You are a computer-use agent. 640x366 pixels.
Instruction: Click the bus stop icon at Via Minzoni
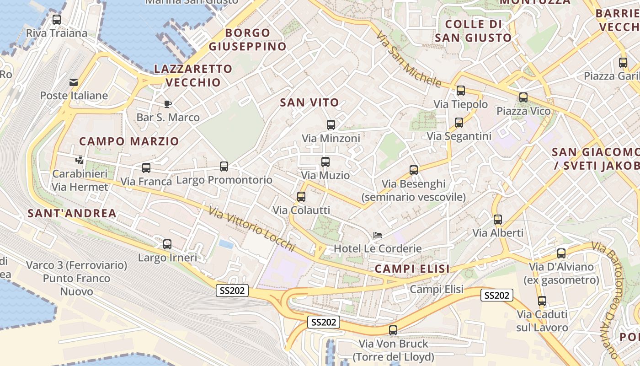click(331, 124)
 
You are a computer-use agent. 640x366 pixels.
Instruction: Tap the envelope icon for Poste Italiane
click(73, 82)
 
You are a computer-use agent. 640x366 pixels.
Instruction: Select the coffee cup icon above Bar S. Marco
click(168, 104)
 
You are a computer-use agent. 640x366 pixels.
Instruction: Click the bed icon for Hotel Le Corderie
click(378, 235)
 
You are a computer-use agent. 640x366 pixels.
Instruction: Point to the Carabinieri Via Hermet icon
click(80, 160)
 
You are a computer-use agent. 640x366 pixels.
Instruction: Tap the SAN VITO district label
click(309, 102)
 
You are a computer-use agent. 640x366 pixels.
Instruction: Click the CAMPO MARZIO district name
click(129, 141)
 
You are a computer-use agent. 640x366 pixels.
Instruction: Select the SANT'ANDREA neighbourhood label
click(72, 213)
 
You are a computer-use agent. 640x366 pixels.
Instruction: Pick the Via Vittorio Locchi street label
click(252, 230)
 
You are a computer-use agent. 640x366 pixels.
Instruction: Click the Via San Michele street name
click(408, 59)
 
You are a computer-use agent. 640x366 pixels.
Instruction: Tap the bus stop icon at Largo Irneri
click(167, 244)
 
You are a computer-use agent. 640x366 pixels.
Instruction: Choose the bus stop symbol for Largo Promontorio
click(224, 167)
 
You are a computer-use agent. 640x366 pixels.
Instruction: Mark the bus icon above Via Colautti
click(301, 197)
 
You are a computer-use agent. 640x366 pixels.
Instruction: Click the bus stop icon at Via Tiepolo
click(461, 91)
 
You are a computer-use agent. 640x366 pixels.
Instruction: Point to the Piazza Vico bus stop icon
click(523, 97)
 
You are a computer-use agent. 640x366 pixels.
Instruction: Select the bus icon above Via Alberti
click(498, 220)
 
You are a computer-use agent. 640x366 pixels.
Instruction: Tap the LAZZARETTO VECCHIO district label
click(193, 75)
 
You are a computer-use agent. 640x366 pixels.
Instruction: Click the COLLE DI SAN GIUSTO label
click(473, 31)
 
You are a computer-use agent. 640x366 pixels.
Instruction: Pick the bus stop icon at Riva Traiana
click(57, 20)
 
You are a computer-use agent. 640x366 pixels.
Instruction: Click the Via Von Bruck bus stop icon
click(393, 330)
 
